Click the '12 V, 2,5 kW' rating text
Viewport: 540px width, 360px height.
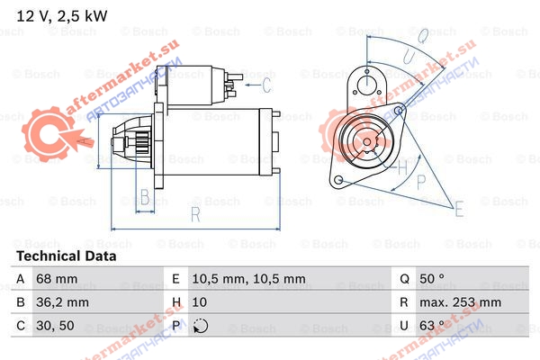[62, 16]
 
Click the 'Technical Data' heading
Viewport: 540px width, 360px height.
[66, 256]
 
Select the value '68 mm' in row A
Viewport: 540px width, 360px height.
[57, 278]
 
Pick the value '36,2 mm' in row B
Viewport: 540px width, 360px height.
[62, 302]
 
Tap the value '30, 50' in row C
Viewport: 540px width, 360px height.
[55, 325]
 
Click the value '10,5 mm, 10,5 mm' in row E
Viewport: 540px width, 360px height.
[248, 278]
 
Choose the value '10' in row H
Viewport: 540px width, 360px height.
[200, 302]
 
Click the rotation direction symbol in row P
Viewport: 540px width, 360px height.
[201, 326]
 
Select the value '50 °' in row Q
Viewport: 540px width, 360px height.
[432, 278]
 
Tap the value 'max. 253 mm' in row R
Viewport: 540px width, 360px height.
[460, 302]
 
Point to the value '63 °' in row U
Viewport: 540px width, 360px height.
[432, 325]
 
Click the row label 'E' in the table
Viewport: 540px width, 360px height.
[175, 278]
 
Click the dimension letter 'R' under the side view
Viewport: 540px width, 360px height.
[195, 214]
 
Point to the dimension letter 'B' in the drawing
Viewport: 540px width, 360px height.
[145, 197]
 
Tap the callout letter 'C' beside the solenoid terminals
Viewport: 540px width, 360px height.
[266, 85]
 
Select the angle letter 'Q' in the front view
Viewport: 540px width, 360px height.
[423, 35]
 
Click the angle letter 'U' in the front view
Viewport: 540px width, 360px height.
[409, 56]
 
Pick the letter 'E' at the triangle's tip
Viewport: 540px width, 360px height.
[459, 209]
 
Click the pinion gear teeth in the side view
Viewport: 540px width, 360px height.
[141, 142]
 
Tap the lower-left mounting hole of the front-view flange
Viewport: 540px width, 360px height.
[339, 179]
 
